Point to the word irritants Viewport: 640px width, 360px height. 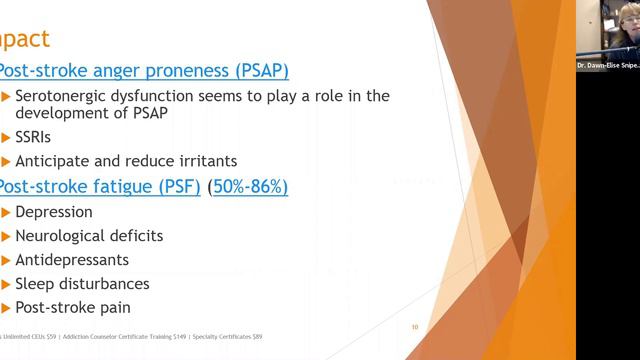click(x=203, y=160)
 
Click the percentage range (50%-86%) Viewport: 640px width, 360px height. click(x=261, y=186)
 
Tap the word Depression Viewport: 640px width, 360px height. click(x=54, y=212)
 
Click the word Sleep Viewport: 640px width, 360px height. click(x=35, y=284)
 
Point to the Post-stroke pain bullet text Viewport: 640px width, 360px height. click(x=72, y=308)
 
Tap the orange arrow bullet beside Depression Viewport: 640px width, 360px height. click(x=6, y=212)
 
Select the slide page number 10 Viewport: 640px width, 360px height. click(x=415, y=326)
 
